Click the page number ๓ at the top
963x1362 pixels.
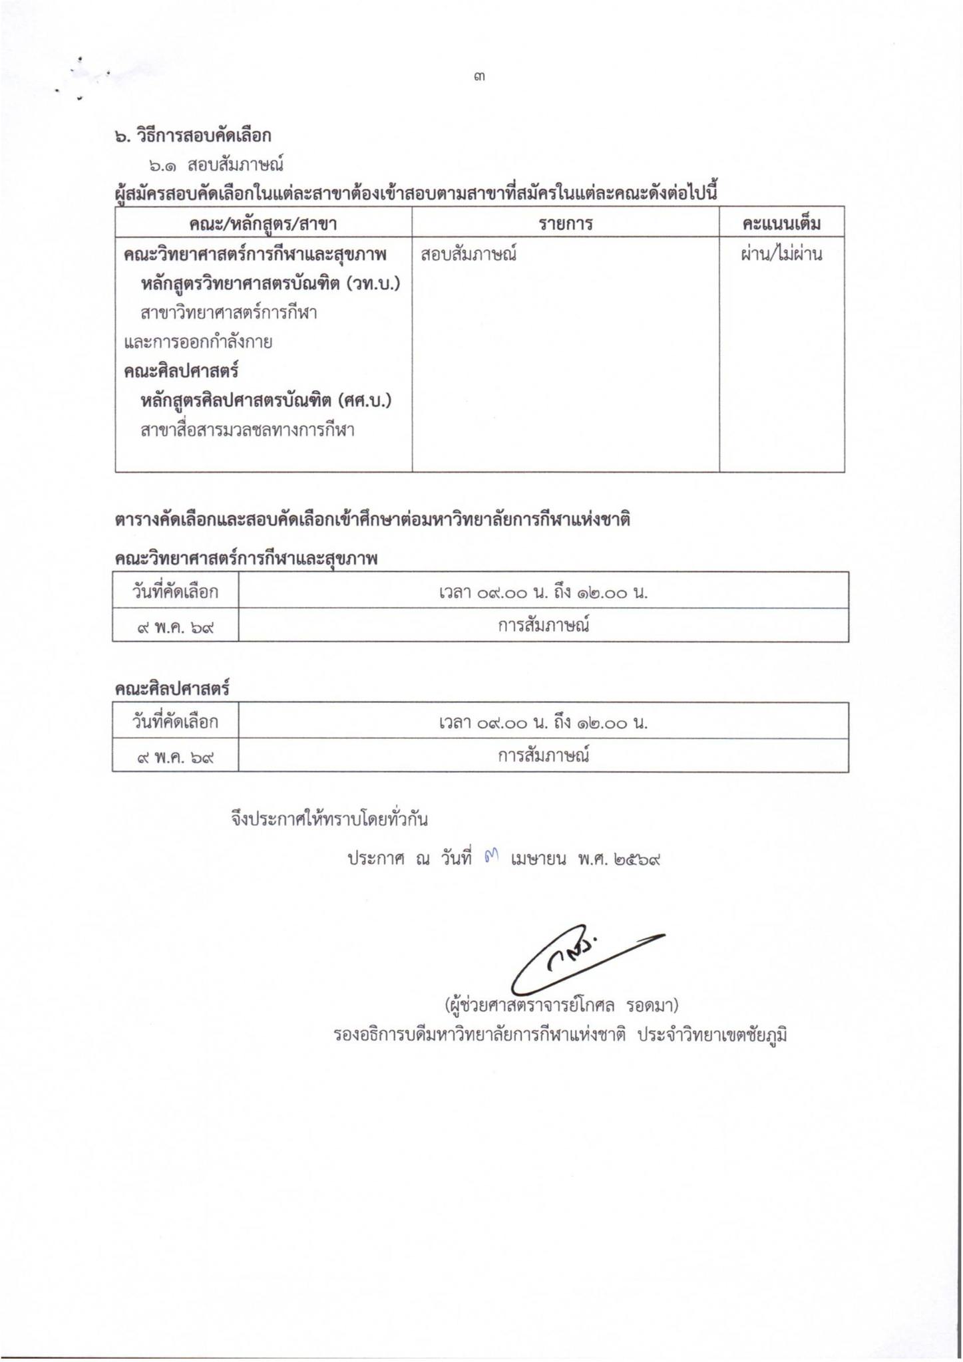(480, 77)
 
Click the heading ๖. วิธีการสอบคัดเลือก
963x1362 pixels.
(193, 136)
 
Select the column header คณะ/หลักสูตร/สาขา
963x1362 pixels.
(263, 224)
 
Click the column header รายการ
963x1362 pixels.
(565, 224)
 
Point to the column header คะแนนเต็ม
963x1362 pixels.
(781, 224)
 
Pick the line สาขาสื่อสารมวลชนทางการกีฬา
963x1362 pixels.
(247, 430)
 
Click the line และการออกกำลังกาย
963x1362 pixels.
(198, 342)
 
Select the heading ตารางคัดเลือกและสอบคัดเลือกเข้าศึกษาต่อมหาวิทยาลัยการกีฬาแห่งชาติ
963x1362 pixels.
(372, 519)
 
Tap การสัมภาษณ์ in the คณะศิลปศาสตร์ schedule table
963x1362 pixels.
(543, 756)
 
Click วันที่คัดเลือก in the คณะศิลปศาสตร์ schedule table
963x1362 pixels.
(175, 722)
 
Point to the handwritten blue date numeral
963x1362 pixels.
(492, 859)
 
